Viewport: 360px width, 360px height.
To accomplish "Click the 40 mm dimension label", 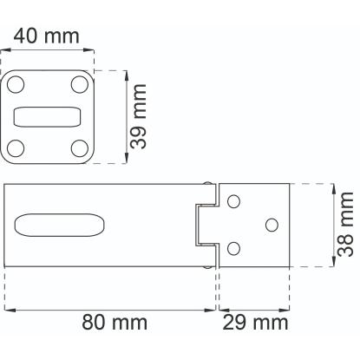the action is coord(46,36).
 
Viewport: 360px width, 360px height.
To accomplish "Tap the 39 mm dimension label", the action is coord(138,116).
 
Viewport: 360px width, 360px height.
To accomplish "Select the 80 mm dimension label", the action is coord(115,322).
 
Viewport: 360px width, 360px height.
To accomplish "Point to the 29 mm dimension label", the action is coord(255,323).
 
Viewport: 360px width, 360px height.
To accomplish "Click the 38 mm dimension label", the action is coord(345,224).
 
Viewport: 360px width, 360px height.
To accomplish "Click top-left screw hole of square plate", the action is coord(16,84).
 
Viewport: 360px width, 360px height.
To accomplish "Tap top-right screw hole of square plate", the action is coord(80,84).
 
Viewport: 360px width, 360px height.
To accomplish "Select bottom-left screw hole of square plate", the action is coord(16,148).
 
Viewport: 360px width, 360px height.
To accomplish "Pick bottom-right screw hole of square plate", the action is coord(80,148).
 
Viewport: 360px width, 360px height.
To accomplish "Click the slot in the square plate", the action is coord(48,117).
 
